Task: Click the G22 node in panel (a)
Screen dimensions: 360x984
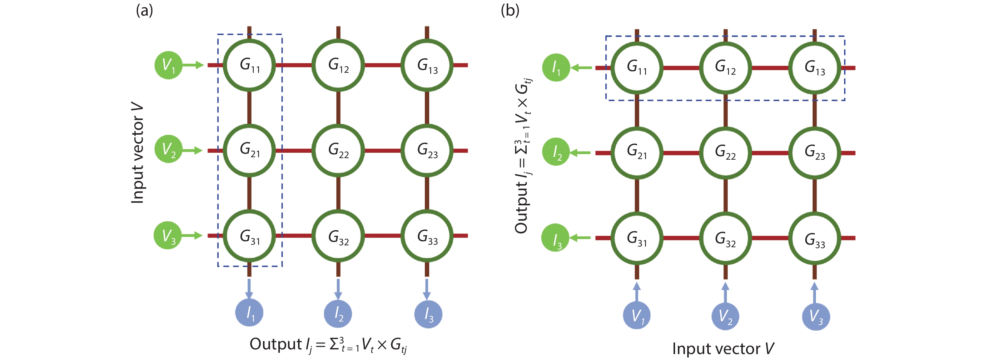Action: (x=338, y=150)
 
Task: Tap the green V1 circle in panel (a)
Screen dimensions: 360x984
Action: (x=168, y=65)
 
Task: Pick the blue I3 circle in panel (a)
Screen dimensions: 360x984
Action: (x=428, y=314)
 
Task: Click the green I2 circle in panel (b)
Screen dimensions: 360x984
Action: (x=556, y=152)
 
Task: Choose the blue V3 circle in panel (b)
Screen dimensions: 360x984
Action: (x=816, y=317)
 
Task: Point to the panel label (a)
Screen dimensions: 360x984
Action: (x=144, y=11)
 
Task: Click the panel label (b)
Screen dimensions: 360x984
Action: (x=510, y=11)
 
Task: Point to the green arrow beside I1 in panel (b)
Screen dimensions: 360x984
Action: (x=581, y=67)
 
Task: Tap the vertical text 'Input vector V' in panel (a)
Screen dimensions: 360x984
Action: (x=137, y=153)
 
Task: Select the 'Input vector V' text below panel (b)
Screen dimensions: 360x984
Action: (x=723, y=348)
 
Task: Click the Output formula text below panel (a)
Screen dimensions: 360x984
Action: (x=329, y=344)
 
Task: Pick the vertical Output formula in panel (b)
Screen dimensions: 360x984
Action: (x=523, y=157)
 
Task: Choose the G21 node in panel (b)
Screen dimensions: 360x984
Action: (x=636, y=152)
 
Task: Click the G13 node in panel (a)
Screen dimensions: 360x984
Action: (x=427, y=65)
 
